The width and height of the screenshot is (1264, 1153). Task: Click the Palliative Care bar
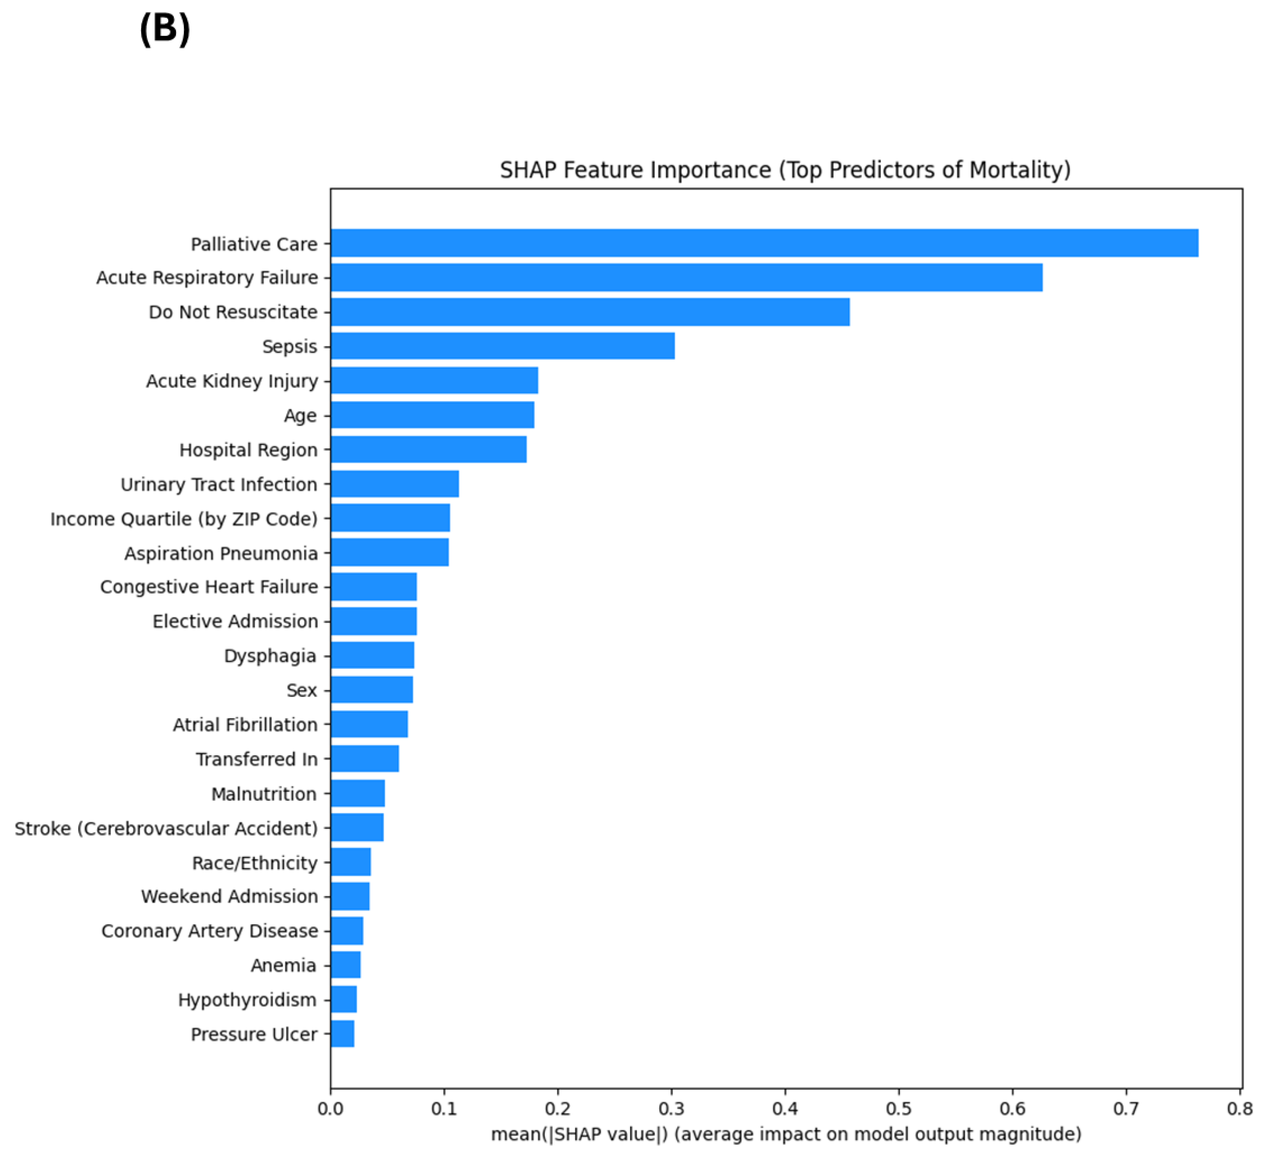point(764,243)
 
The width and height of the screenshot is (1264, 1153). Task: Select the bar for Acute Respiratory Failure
point(686,277)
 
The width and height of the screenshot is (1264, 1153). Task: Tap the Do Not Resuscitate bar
point(589,312)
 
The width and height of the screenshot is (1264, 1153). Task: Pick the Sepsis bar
point(502,346)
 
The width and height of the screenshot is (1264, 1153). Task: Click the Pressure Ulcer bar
point(342,1033)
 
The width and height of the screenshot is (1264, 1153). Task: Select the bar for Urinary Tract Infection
point(394,484)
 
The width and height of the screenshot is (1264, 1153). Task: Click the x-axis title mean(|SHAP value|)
point(786,1133)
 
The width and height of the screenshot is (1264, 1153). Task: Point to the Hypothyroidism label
point(247,999)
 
